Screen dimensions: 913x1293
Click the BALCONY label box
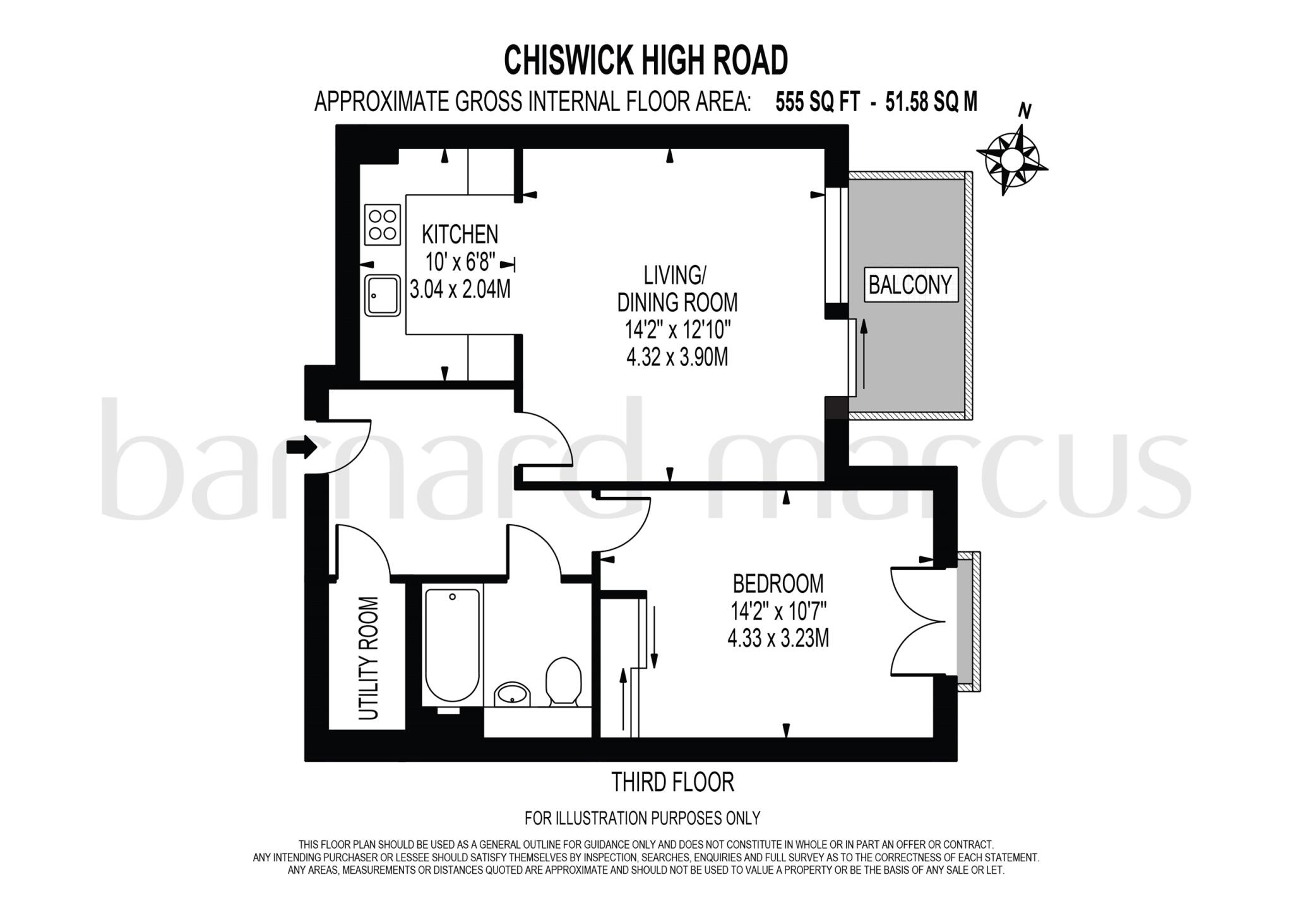tap(910, 285)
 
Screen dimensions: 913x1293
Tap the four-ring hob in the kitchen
tap(383, 225)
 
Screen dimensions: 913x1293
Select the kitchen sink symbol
tap(382, 295)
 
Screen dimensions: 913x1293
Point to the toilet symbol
tap(563, 681)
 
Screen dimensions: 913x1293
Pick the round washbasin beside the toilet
tap(513, 694)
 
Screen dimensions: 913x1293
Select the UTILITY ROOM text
tap(368, 658)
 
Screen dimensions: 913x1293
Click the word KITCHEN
tap(460, 234)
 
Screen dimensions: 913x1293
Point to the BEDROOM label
tap(778, 583)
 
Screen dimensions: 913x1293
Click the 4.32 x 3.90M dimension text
tap(677, 357)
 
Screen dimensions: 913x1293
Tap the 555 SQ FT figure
tap(817, 101)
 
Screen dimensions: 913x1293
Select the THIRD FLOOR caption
tap(673, 782)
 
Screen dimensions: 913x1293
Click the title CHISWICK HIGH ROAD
tap(645, 61)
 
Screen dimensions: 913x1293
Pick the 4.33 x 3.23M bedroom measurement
tap(778, 638)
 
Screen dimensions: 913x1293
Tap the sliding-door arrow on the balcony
tap(863, 354)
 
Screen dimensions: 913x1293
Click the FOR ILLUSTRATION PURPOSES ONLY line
tap(642, 818)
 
